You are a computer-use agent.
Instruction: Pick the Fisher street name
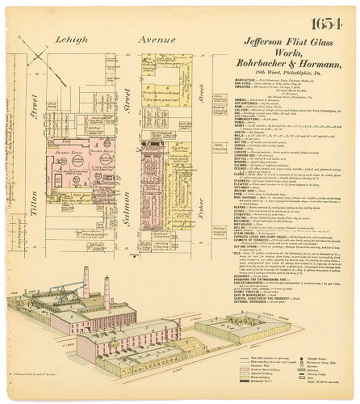(196, 218)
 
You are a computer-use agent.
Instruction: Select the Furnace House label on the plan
(81, 127)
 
